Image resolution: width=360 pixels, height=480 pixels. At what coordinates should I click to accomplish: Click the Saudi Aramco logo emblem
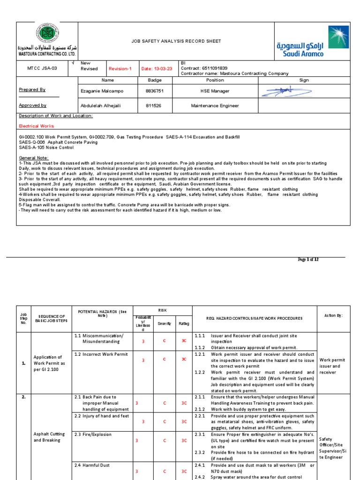(338, 37)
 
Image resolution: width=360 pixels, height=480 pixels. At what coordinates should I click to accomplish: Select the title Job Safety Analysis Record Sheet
(176, 41)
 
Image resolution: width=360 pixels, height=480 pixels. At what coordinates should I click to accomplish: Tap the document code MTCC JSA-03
(42, 68)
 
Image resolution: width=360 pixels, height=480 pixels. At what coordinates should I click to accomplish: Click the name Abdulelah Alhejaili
(101, 105)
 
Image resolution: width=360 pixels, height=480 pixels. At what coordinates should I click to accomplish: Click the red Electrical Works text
(37, 126)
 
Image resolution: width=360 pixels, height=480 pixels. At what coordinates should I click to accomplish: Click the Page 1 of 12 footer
(308, 259)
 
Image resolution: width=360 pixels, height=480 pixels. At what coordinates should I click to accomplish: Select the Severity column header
(165, 323)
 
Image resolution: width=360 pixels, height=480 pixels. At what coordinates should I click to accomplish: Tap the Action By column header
(333, 316)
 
